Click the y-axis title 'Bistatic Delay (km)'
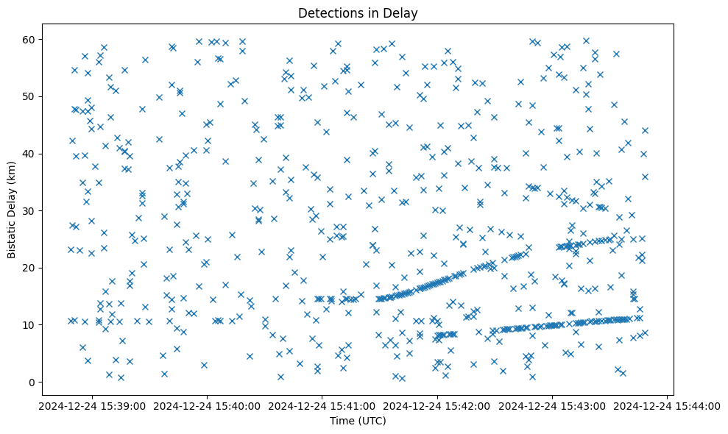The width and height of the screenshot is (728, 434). click(12, 210)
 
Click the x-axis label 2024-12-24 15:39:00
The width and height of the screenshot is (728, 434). click(92, 405)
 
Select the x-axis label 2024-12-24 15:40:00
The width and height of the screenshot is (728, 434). click(208, 405)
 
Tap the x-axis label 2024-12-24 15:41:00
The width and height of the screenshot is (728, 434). click(322, 405)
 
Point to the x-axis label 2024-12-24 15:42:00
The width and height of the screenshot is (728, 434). click(437, 405)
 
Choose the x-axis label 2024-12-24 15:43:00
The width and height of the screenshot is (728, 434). click(553, 405)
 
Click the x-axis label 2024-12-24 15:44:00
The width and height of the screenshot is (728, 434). click(668, 405)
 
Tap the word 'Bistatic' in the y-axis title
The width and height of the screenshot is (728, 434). click(12, 240)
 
